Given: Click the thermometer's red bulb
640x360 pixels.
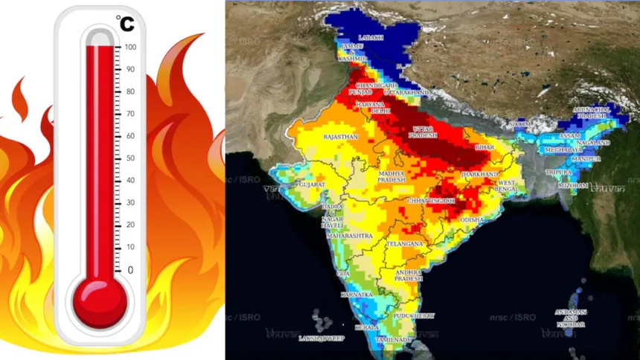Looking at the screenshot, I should coord(99,301).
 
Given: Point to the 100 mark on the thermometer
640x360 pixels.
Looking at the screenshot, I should coord(130,47).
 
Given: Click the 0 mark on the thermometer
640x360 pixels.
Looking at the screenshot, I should coord(131,269).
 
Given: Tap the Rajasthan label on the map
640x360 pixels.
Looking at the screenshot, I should coord(340,138).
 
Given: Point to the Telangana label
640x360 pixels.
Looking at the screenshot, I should coord(406,243).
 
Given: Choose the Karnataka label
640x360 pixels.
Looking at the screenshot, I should coord(356,295).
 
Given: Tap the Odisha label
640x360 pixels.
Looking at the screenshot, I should coord(471,220).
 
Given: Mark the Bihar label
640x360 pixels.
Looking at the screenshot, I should coord(484,149).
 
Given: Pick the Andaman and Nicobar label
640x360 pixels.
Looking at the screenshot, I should coord(571,318).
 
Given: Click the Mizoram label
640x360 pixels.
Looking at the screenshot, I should coord(573,184).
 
